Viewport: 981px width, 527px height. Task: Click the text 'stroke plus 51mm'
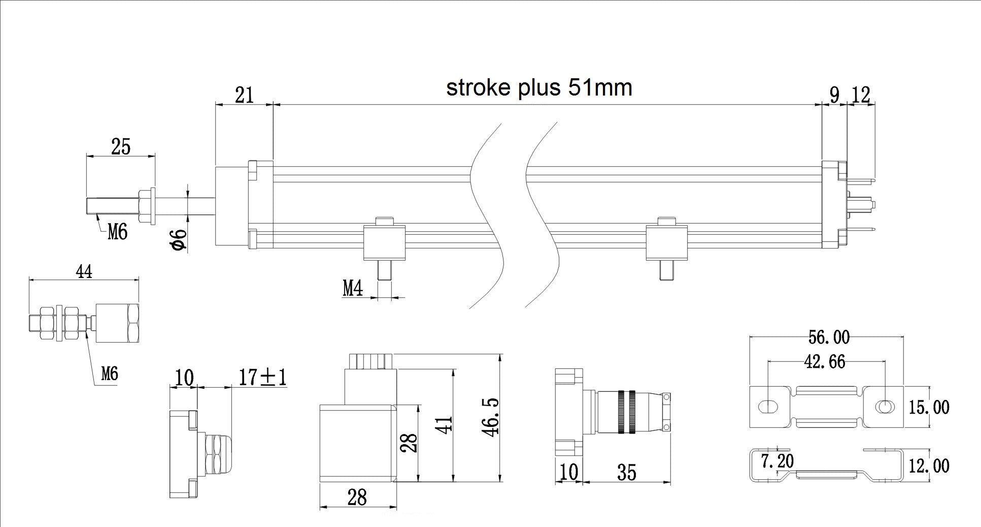[x=539, y=87]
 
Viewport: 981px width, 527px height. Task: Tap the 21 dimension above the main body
[x=244, y=95]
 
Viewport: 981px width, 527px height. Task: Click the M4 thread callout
[x=353, y=289]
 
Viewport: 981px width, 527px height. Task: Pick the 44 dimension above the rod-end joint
[x=84, y=272]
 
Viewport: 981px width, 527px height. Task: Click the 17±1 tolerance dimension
[x=263, y=377]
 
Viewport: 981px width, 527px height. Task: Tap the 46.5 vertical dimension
[x=491, y=416]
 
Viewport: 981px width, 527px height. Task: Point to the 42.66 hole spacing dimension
[x=825, y=361]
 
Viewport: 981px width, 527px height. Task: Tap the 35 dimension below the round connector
[x=627, y=473]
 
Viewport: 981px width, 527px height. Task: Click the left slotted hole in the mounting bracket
[x=769, y=407]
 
